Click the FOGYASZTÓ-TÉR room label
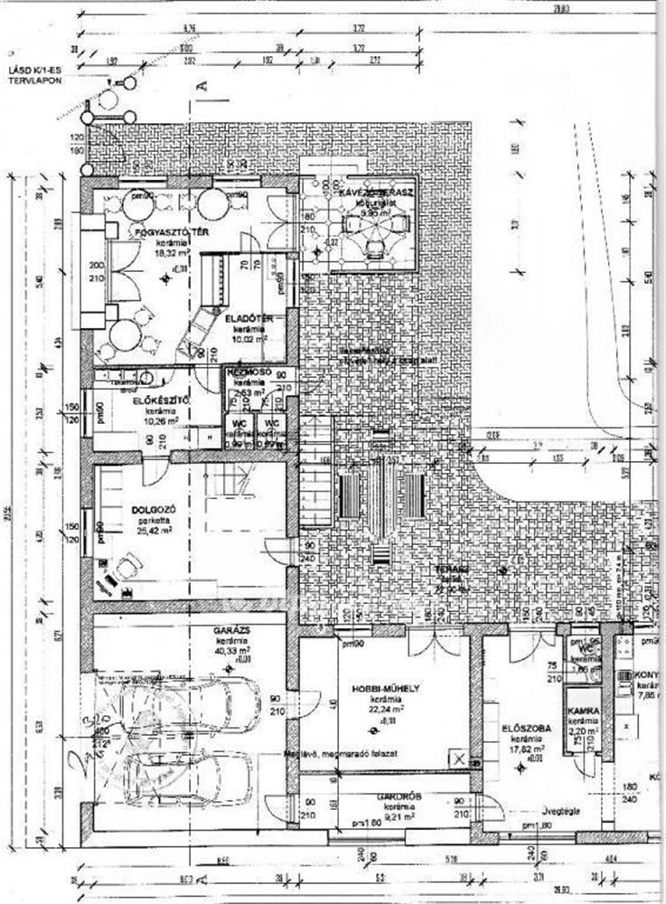click(x=161, y=233)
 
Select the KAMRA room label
click(x=584, y=711)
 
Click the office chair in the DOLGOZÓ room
click(x=125, y=567)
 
